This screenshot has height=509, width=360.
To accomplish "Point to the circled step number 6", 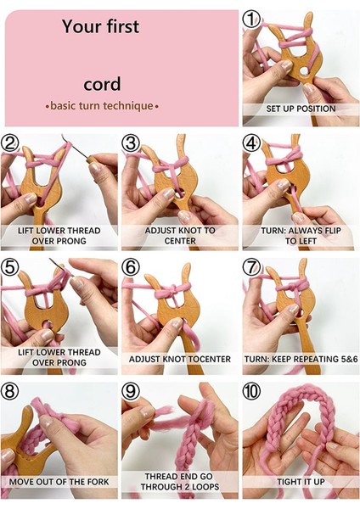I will point(131,267).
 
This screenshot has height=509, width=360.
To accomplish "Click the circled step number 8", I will point(10,392).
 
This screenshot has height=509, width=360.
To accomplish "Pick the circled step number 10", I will point(252,392).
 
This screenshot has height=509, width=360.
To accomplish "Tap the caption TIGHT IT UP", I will point(301,482).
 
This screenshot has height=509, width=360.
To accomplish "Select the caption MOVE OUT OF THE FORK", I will point(59,482).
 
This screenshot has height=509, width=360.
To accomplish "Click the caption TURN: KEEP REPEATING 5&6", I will point(301,359).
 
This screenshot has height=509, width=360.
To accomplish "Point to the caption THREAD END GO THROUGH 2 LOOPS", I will point(179,482).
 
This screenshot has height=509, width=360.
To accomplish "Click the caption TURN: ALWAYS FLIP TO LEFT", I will point(301,235).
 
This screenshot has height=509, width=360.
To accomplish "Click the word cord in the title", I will point(102,84).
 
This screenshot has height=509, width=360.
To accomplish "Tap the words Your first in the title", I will point(101,27).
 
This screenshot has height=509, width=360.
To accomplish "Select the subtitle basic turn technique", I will point(102,106).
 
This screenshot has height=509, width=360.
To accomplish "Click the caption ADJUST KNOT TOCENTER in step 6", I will point(179,359).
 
